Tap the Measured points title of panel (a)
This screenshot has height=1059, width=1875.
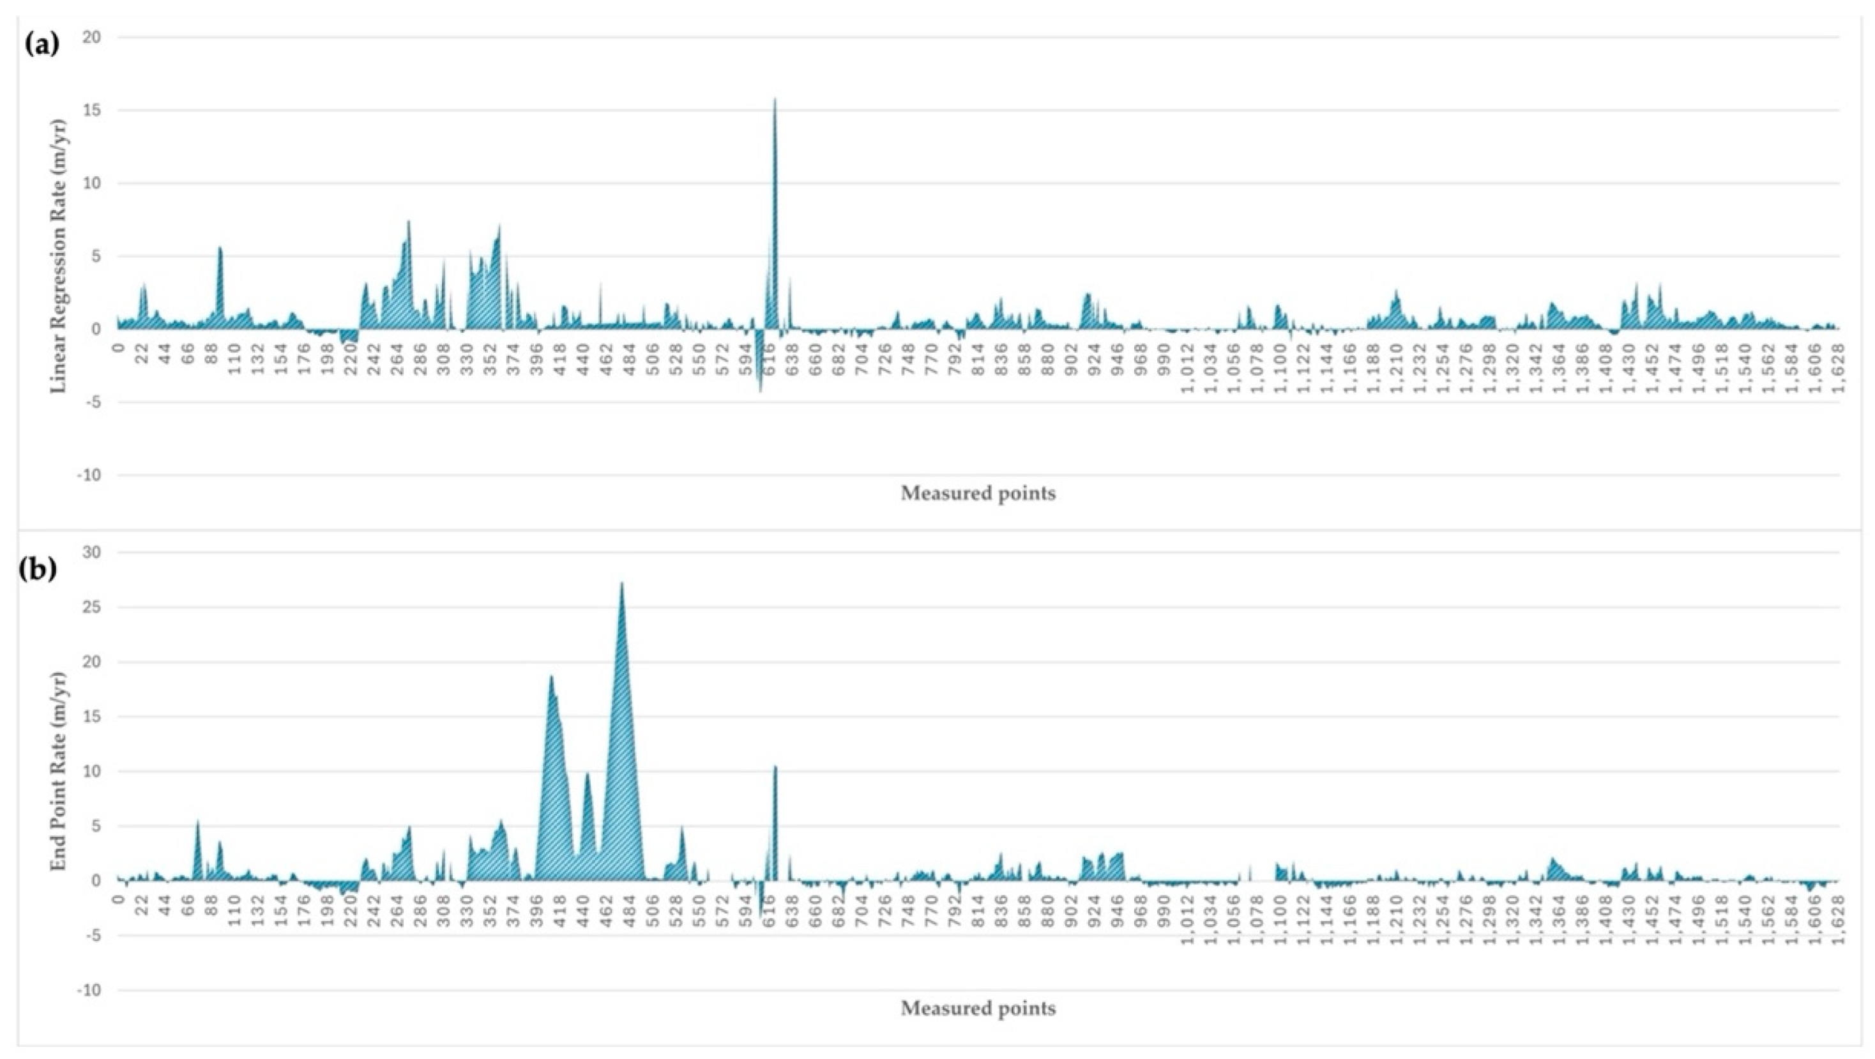tap(978, 494)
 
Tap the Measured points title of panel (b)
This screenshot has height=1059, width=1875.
tap(978, 1008)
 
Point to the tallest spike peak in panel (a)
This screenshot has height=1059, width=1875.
tap(775, 100)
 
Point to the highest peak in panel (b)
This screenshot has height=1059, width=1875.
tap(621, 583)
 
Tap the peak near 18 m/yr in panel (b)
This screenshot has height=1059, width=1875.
tap(551, 676)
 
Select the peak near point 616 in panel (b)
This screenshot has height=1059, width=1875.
tap(775, 766)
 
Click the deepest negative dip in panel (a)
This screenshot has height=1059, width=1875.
tap(760, 392)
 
